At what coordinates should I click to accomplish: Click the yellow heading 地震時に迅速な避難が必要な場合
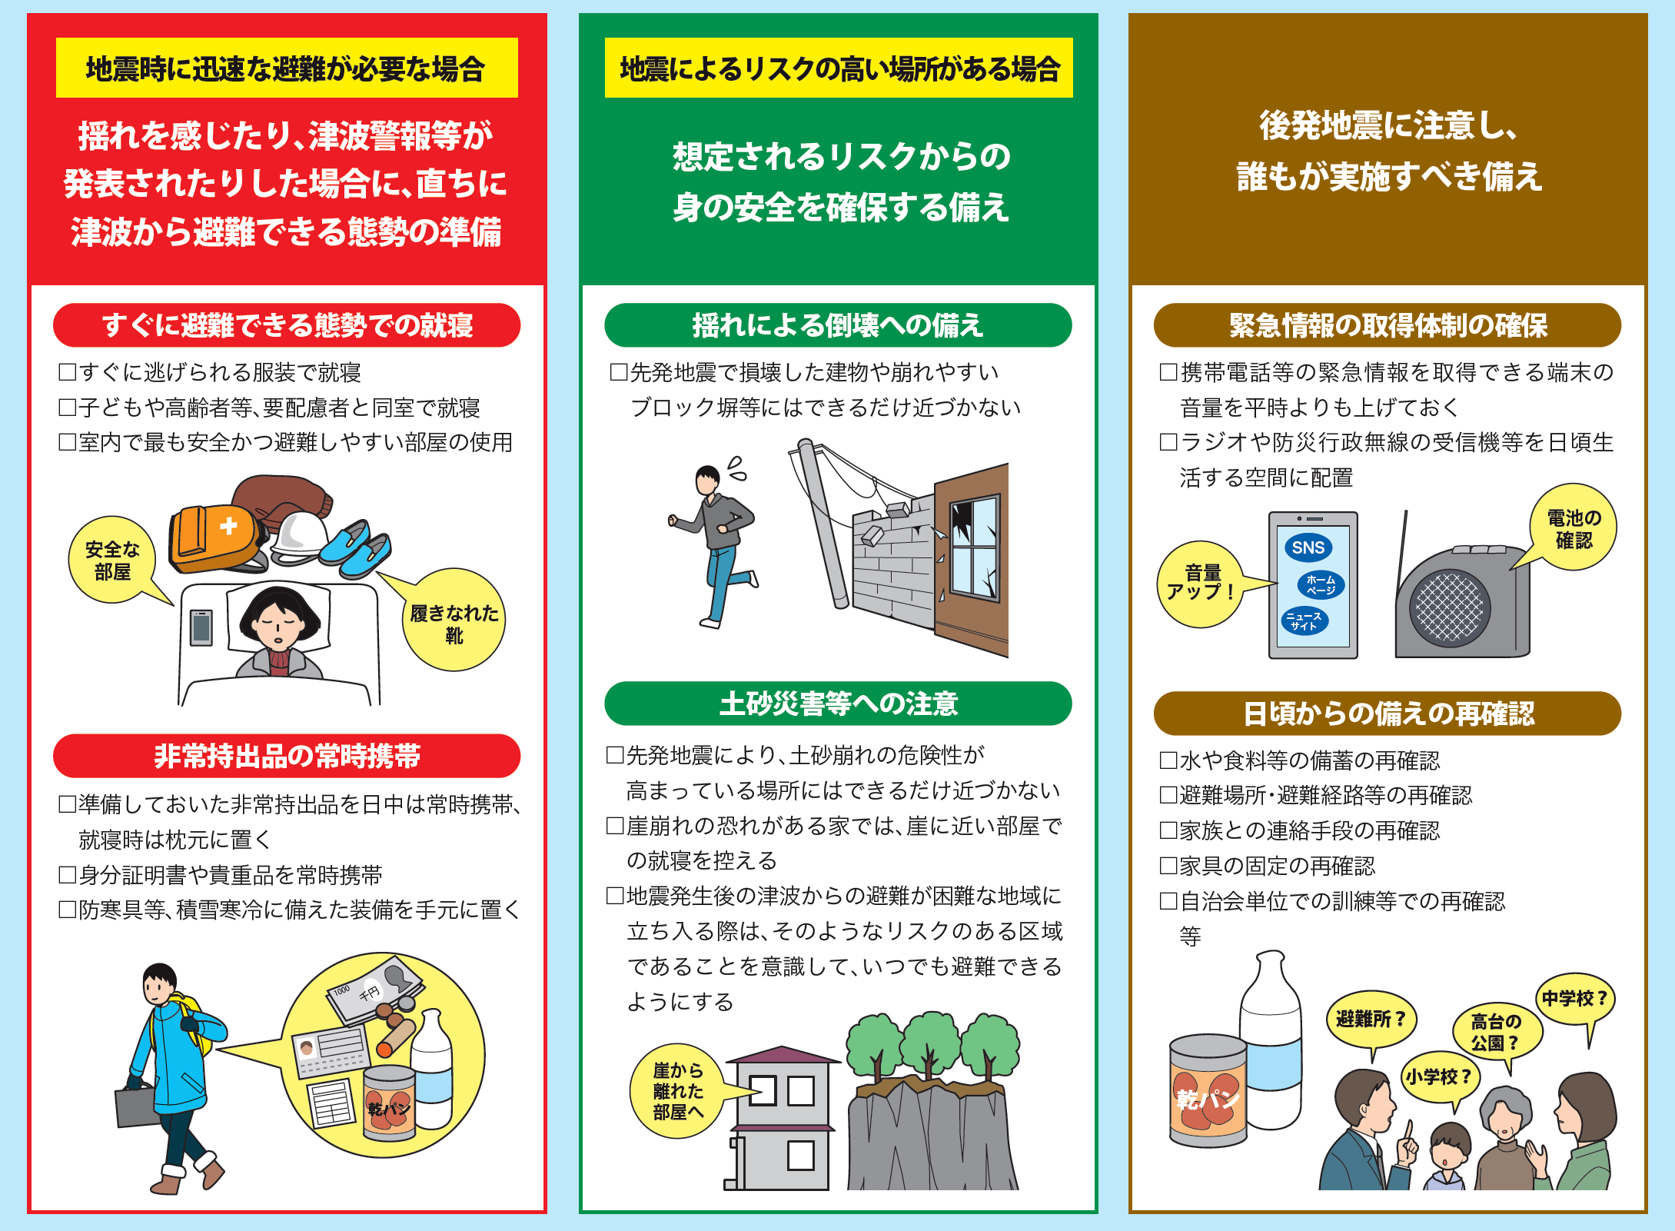tap(287, 68)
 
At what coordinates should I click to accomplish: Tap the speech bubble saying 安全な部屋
tap(112, 560)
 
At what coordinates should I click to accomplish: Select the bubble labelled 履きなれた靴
tap(454, 621)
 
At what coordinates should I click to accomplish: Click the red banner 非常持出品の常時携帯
tap(287, 756)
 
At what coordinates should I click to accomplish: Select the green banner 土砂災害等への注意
tap(838, 704)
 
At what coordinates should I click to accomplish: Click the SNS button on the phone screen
tap(1308, 547)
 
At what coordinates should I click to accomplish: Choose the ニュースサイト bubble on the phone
tap(1304, 620)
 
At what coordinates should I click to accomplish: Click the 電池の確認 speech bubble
tap(1573, 528)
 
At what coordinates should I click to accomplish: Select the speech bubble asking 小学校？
tap(1439, 1076)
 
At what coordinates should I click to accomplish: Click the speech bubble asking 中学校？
tap(1574, 999)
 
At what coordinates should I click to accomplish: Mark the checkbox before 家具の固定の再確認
tap(1168, 866)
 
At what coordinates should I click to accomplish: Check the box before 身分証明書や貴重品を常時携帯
tap(68, 874)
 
